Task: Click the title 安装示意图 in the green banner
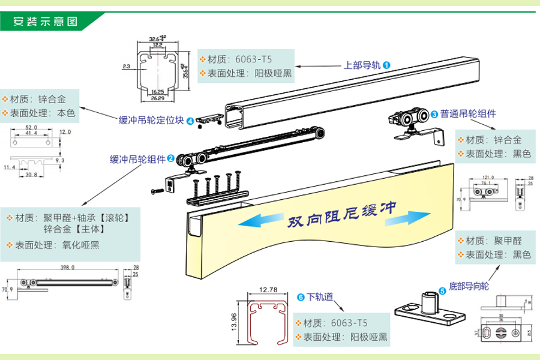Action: point(46,22)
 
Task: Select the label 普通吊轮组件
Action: point(468,113)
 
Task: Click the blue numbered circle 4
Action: point(190,121)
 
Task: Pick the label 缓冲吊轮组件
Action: point(137,159)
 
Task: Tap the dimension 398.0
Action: point(67,269)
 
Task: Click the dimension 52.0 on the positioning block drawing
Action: point(32,128)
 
